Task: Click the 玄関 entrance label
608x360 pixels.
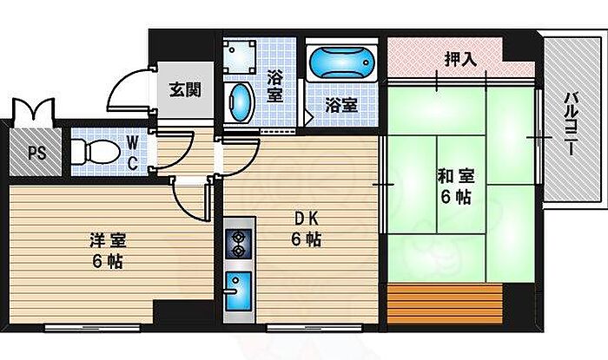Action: (185, 90)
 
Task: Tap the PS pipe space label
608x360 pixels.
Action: (36, 153)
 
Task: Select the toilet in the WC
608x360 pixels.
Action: (96, 152)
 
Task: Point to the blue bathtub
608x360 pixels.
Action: (342, 62)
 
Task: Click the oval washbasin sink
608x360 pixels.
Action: (240, 103)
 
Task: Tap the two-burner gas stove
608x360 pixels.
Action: (239, 243)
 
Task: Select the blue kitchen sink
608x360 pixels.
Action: (239, 291)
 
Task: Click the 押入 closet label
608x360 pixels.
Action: (460, 59)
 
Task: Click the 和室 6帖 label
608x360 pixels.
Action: (456, 187)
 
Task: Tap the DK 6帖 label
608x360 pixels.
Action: (307, 230)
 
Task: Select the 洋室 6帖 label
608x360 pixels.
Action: (108, 251)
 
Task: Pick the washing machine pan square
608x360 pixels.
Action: (239, 57)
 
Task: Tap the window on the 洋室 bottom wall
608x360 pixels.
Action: (92, 328)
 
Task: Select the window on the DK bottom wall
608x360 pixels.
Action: (314, 328)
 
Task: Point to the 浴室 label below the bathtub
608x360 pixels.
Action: (341, 105)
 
